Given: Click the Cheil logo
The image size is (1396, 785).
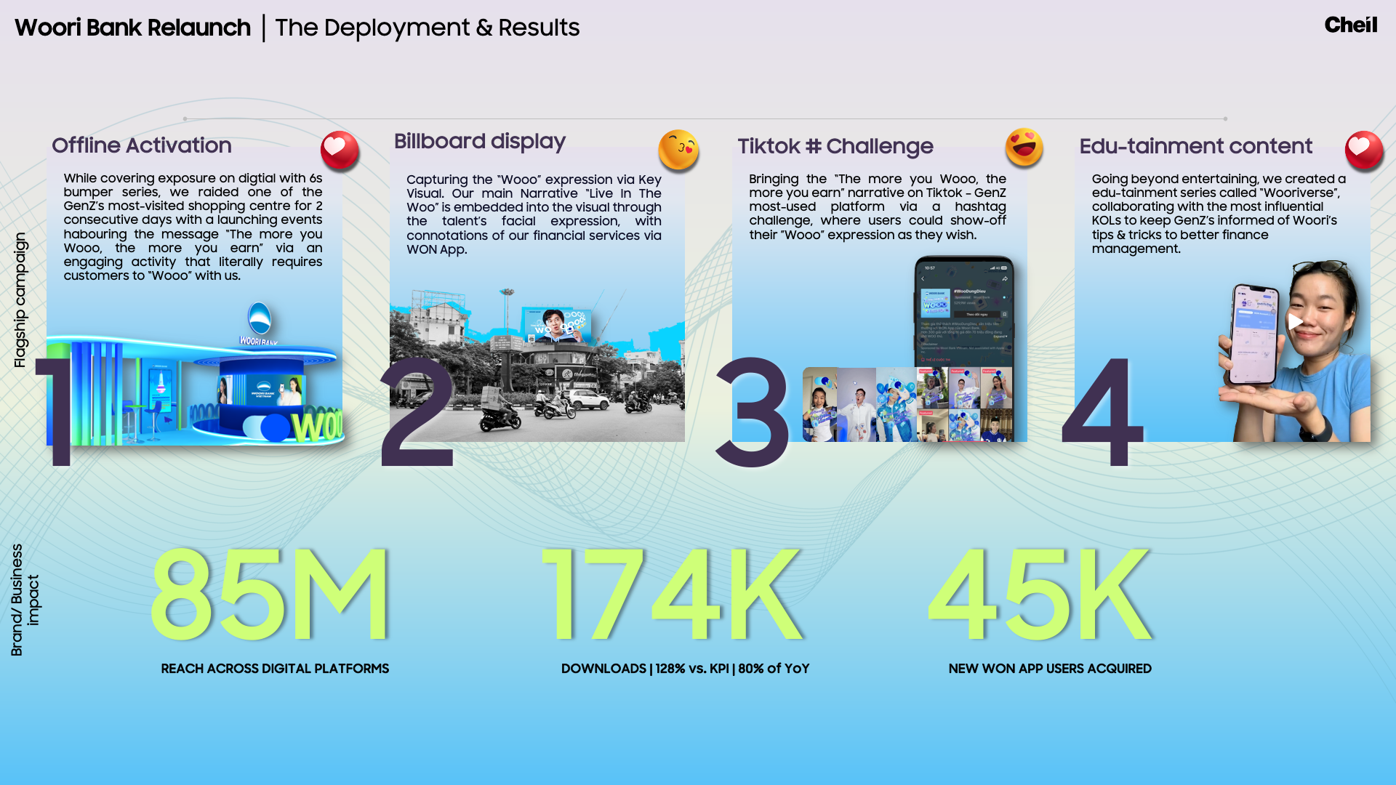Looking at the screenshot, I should point(1350,25).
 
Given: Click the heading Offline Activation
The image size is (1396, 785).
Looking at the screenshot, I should point(142,145).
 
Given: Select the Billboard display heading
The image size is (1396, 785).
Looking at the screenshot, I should point(480,142).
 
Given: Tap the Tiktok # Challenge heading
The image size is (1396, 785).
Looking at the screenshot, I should point(835,146).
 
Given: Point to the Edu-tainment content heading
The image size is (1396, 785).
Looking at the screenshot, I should point(1196,146).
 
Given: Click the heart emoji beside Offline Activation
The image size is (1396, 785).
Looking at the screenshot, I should point(340,150).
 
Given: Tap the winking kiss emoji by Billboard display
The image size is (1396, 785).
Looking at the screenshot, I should point(678,150).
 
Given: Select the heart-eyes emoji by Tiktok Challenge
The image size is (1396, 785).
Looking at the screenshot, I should point(1024,147).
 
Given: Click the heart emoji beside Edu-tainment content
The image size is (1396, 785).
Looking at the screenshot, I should point(1364,150).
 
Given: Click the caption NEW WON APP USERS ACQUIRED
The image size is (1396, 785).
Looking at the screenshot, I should point(1050,669).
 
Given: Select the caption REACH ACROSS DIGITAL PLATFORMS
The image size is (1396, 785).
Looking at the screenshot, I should point(275,669).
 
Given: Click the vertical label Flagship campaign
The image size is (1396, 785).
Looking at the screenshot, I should point(20,299).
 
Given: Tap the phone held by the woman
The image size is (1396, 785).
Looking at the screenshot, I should point(1254,334).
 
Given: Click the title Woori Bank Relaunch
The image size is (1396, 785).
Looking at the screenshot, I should point(132,28).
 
